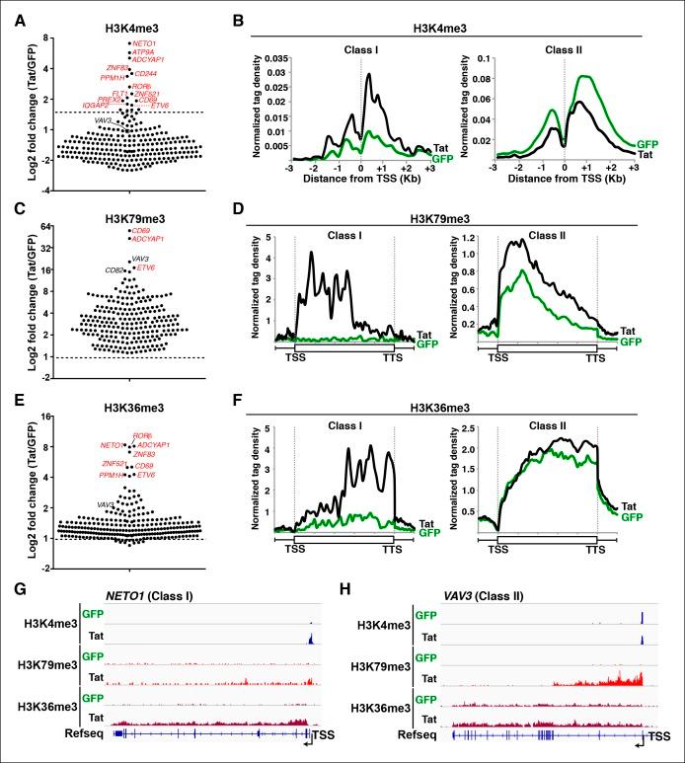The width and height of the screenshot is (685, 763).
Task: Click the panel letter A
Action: (13, 11)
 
